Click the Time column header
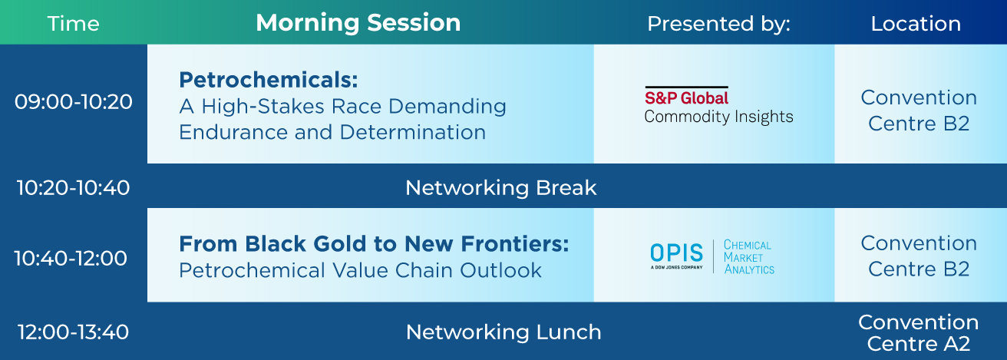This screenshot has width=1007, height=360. [x=73, y=23]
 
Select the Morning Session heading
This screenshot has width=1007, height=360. [x=358, y=22]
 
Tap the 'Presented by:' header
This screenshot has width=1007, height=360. [x=718, y=23]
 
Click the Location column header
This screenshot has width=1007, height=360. [x=916, y=23]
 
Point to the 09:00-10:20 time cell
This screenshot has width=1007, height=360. [x=73, y=101]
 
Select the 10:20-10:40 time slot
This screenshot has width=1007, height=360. [x=73, y=187]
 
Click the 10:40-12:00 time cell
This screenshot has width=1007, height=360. [x=71, y=258]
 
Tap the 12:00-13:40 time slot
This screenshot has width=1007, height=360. [x=73, y=332]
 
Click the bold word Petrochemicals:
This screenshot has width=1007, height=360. [x=269, y=80]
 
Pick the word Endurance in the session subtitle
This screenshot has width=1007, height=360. [x=233, y=132]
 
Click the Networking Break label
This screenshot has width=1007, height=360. [x=500, y=187]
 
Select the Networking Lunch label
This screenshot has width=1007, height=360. [x=503, y=332]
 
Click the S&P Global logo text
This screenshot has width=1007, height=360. [x=686, y=97]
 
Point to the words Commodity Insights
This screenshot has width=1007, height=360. [x=718, y=117]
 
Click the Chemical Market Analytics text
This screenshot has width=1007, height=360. [x=749, y=257]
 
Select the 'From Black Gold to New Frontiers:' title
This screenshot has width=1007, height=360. [x=374, y=244]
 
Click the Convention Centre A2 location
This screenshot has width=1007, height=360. [x=919, y=333]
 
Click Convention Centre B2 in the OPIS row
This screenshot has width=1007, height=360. [x=919, y=256]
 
